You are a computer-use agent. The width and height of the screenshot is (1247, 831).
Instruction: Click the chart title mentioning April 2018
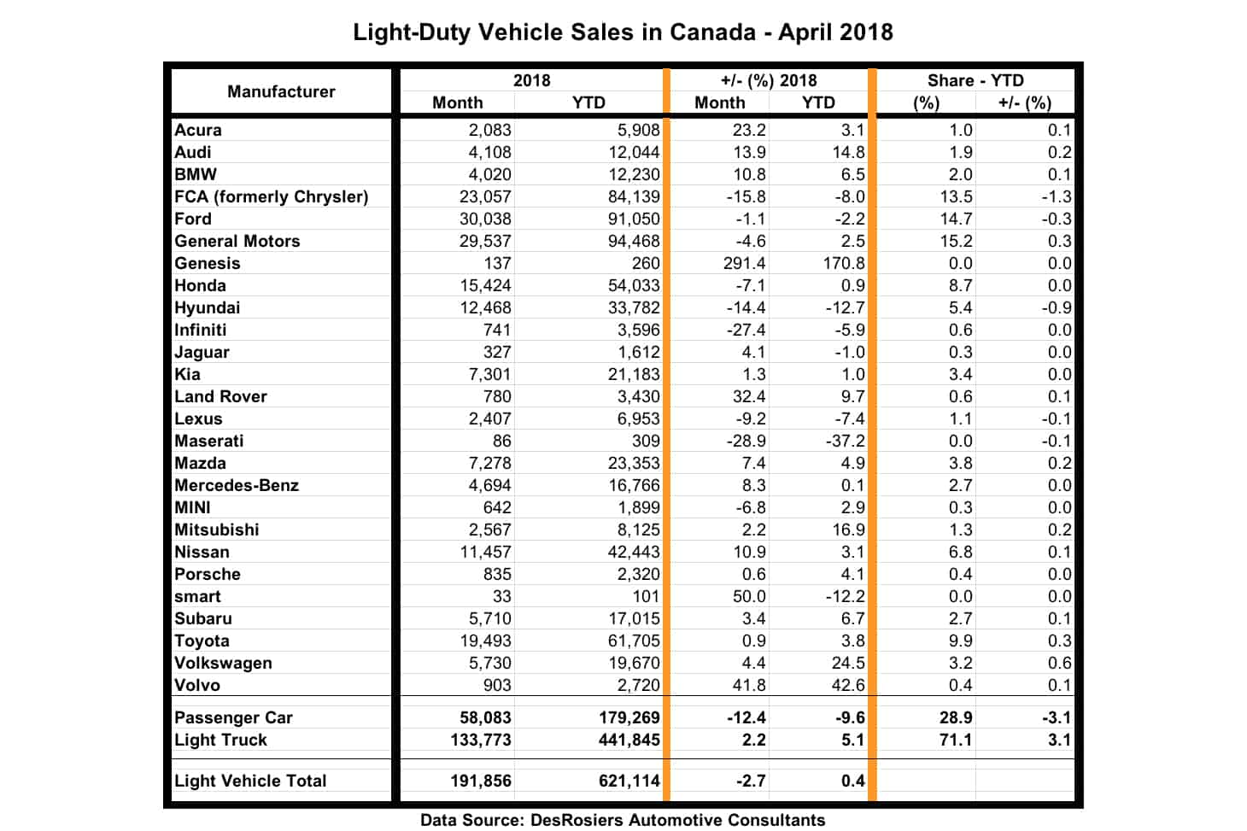click(x=623, y=32)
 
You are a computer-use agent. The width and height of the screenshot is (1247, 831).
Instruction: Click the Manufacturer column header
click(x=281, y=91)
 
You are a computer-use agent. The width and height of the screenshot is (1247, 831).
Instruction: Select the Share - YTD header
click(x=975, y=80)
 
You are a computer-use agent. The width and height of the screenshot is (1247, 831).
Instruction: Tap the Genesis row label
click(x=208, y=263)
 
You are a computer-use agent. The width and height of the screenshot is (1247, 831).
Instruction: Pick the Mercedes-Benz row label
click(x=237, y=485)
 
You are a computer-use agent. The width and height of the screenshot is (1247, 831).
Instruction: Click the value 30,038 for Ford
click(x=485, y=219)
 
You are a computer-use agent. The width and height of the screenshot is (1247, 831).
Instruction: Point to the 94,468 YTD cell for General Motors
click(x=634, y=241)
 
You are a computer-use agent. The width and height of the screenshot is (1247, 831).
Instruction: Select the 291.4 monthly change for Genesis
click(x=744, y=263)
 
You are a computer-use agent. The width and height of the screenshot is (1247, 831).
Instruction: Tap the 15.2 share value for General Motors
click(x=956, y=241)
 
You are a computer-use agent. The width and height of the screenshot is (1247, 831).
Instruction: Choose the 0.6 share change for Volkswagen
click(x=1059, y=663)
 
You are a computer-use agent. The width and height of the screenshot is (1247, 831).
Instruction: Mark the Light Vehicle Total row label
click(x=250, y=781)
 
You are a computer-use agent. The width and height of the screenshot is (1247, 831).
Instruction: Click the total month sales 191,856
click(x=481, y=781)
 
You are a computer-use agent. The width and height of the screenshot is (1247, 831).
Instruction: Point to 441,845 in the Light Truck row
click(x=629, y=740)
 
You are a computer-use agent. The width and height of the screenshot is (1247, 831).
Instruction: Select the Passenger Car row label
click(x=233, y=717)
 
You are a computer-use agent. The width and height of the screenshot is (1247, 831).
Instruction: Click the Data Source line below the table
click(x=623, y=820)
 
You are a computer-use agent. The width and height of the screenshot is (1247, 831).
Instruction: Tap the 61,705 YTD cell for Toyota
click(x=634, y=641)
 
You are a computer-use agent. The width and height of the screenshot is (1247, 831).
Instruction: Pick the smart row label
click(x=197, y=596)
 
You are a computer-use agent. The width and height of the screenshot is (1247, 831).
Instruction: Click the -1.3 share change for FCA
click(x=1057, y=196)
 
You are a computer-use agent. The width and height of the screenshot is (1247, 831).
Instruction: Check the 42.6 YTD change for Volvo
click(x=848, y=685)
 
